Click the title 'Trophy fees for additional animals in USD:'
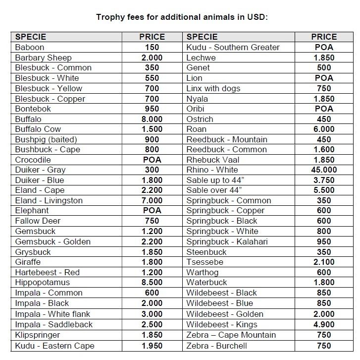(x=182, y=17)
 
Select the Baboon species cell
(x=30, y=47)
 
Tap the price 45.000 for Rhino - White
(x=324, y=170)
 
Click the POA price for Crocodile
(x=152, y=160)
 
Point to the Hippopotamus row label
(x=43, y=283)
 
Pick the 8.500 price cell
(x=152, y=283)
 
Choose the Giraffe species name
(x=28, y=262)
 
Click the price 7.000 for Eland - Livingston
(x=152, y=200)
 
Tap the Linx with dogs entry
(x=213, y=88)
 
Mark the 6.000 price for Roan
(x=324, y=129)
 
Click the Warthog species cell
(x=203, y=272)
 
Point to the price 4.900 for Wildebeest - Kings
(x=324, y=325)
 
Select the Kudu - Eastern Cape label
(x=55, y=346)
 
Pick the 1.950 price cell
(x=152, y=346)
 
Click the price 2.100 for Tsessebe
(x=324, y=262)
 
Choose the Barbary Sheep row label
(x=44, y=58)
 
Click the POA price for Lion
(x=324, y=78)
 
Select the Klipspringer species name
(x=38, y=335)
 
